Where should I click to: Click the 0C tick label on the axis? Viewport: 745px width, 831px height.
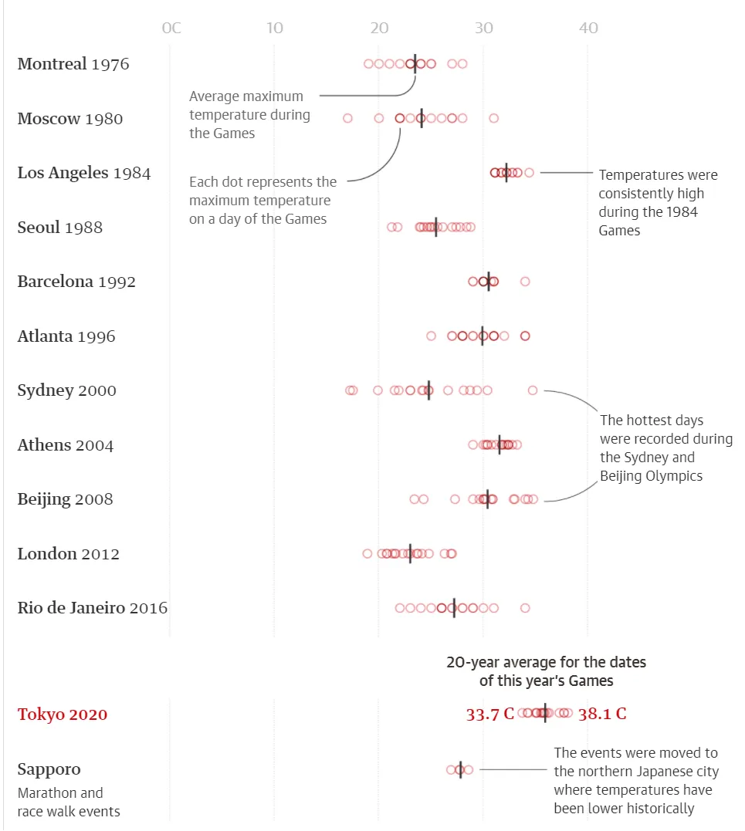[x=171, y=29]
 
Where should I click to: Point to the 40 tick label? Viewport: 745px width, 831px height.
[x=588, y=29]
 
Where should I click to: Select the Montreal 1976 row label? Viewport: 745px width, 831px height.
[x=73, y=64]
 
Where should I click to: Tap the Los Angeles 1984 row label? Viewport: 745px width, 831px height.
[x=84, y=173]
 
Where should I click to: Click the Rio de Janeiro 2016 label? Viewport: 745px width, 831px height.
[x=93, y=608]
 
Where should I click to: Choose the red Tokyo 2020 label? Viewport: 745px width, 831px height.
[x=63, y=714]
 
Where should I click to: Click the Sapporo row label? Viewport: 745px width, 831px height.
[x=49, y=769]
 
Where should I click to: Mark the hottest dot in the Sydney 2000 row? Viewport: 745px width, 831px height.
[x=533, y=390]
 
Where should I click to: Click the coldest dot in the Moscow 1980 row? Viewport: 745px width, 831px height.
[x=347, y=118]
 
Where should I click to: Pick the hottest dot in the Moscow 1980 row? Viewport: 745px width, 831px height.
[x=494, y=118]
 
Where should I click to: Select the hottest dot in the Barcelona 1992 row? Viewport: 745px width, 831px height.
[x=525, y=282]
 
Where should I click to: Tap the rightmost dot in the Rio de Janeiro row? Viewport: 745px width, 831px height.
[x=525, y=608]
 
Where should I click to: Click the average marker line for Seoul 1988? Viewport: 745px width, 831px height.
[x=436, y=227]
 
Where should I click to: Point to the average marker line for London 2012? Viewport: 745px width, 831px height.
[x=410, y=553]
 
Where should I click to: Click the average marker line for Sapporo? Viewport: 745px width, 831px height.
[x=461, y=769]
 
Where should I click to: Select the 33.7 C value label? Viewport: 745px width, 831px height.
[x=489, y=714]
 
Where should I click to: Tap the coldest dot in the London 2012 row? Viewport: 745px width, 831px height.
[x=367, y=553]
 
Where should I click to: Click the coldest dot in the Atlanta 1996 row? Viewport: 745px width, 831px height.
[x=431, y=336]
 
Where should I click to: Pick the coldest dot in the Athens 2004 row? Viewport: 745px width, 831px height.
[x=472, y=444]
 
